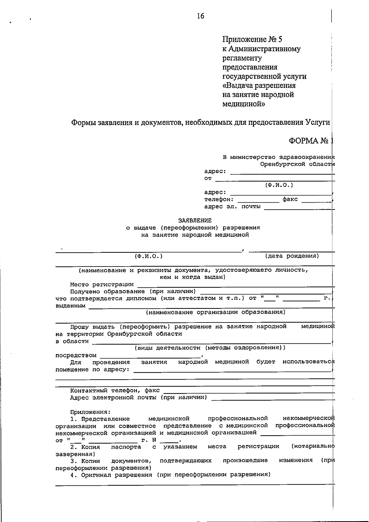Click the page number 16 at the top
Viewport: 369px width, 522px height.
click(x=200, y=16)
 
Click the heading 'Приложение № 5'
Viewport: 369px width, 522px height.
click(x=252, y=39)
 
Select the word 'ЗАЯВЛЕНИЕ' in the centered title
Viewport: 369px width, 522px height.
click(x=195, y=221)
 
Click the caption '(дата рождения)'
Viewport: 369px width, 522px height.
click(x=292, y=256)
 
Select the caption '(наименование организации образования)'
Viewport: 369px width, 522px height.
click(x=216, y=312)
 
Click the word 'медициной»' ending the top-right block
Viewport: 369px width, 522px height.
click(x=244, y=104)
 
